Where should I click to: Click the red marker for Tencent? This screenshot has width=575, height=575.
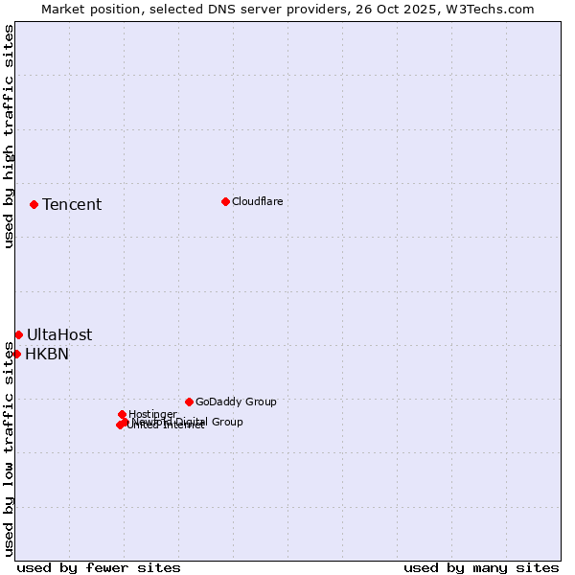pyautogui.click(x=34, y=204)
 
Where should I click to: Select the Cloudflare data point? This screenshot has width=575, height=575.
pyautogui.click(x=225, y=201)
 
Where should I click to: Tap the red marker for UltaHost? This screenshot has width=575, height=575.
pyautogui.click(x=18, y=334)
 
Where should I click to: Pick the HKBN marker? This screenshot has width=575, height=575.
pyautogui.click(x=16, y=354)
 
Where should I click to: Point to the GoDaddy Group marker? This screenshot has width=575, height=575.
pyautogui.click(x=189, y=402)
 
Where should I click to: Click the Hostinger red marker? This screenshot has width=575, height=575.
pyautogui.click(x=122, y=414)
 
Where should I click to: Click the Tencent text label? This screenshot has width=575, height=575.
pyautogui.click(x=72, y=204)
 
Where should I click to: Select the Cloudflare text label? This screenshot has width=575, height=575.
pyautogui.click(x=257, y=201)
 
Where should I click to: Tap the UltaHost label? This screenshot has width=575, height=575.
pyautogui.click(x=59, y=334)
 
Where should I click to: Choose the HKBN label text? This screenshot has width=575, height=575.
pyautogui.click(x=47, y=354)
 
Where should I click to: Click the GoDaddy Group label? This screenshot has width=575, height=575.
pyautogui.click(x=236, y=402)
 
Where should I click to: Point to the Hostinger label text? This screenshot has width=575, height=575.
pyautogui.click(x=152, y=414)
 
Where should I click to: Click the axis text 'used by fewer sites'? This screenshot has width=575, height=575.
pyautogui.click(x=99, y=567)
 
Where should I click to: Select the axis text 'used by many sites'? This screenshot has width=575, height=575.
pyautogui.click(x=481, y=567)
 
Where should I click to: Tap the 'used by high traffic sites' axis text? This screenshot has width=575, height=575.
pyautogui.click(x=9, y=136)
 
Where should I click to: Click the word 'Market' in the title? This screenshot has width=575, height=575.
pyautogui.click(x=64, y=9)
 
